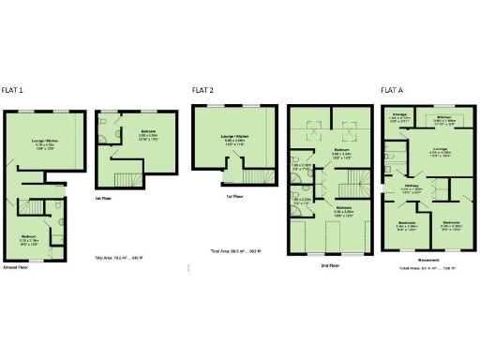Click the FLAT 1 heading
13,90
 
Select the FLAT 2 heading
202,90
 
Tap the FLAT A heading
392,90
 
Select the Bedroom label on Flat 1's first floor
148,132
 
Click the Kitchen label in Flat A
443,117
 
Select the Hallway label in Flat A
412,187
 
